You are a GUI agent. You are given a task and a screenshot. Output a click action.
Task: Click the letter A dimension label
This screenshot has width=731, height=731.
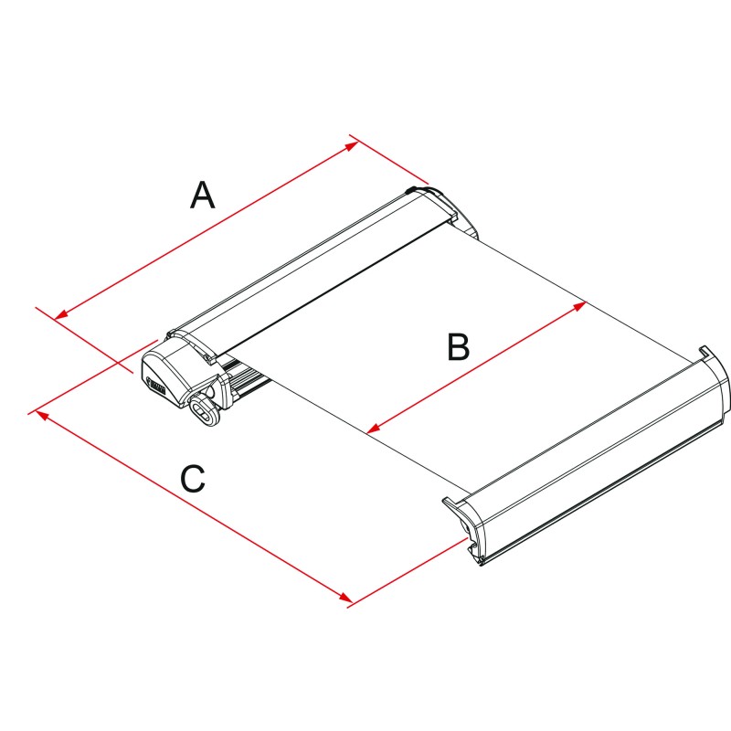pos(202,195)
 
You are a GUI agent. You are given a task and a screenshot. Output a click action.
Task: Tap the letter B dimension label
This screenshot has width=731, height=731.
pos(458,346)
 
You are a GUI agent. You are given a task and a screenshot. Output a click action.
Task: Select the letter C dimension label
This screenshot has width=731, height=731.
pos(193,478)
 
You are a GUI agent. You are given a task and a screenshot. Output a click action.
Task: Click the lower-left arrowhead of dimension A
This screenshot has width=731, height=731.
pos(61,314)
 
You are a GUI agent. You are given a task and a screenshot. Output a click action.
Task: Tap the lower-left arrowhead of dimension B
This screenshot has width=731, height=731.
pos(374,428)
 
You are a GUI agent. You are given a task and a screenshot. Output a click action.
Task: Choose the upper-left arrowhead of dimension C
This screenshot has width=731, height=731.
pos(42,415)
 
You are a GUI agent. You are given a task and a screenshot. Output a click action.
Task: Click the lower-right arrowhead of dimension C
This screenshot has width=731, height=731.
pos(345,598)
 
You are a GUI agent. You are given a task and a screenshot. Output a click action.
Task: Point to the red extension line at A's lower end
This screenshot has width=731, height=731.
pos(85,340)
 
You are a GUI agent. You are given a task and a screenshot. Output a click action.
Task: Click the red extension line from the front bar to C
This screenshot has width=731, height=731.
pos(408,572)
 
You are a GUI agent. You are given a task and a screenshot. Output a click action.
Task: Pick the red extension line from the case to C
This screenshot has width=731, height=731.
pos(92,377)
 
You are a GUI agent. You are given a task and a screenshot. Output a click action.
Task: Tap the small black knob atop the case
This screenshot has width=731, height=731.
pos(412,190)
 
